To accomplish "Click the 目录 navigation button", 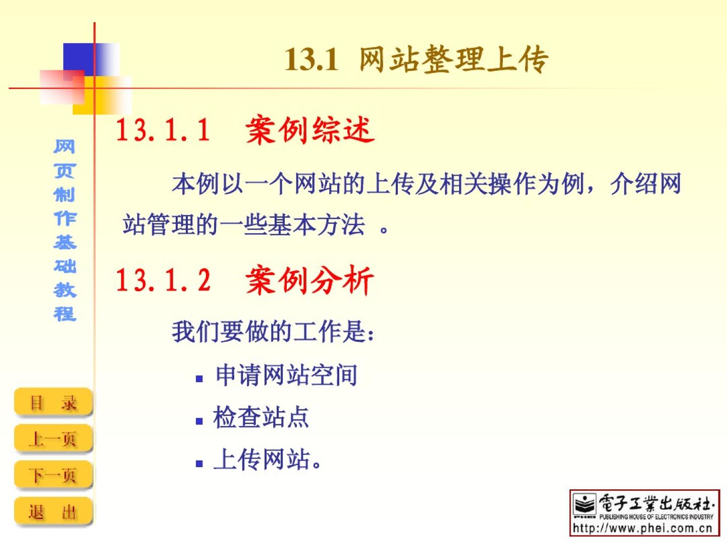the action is click(53, 402).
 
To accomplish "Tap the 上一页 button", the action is click(53, 438).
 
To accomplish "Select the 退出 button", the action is click(53, 511).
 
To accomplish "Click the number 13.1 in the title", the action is click(311, 59).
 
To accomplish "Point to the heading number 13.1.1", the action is click(163, 129).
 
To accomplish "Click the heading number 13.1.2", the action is click(163, 280).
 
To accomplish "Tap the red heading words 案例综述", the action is click(310, 130).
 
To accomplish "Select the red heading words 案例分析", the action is click(310, 281).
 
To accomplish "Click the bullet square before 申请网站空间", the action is click(199, 379).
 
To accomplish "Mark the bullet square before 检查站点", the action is click(199, 421).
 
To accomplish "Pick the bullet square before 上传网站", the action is click(199, 464).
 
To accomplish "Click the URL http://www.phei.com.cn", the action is click(643, 528).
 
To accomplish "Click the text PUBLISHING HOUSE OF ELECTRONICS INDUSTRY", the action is click(656, 517).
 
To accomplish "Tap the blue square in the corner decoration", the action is click(79, 60).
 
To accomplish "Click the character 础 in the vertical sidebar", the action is click(65, 266).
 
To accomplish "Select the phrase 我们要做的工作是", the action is click(270, 332).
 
